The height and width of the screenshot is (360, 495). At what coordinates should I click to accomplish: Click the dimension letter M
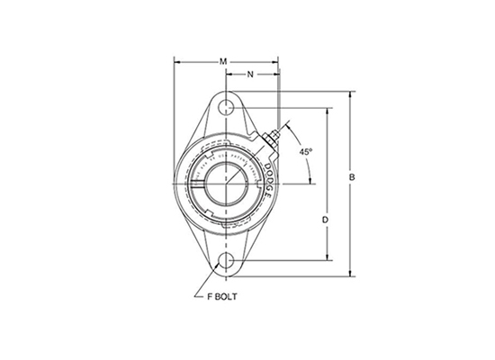pos(223,61)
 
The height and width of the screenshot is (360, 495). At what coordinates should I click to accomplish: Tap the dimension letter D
pos(325,219)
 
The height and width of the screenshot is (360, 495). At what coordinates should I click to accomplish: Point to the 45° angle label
pos(306,152)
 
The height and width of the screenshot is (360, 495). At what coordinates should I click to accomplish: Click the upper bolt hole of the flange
pos(224,108)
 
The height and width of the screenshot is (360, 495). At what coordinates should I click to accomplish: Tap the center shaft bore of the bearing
pos(224,184)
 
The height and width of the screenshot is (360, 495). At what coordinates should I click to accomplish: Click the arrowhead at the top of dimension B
pos(352,94)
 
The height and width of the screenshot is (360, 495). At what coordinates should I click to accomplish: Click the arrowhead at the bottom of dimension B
pos(352,272)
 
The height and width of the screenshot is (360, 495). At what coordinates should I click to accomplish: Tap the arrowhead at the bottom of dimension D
pos(325,260)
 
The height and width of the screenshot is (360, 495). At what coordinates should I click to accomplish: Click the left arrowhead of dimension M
pos(176,61)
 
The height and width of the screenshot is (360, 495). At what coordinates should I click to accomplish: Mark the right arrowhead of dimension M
pos(277,61)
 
